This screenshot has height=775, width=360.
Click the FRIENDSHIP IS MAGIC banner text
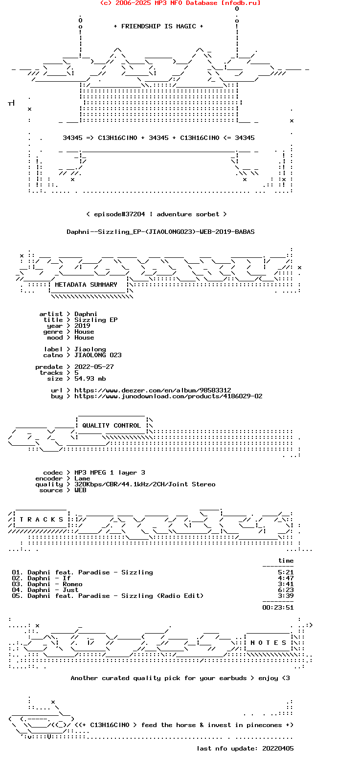click(158, 26)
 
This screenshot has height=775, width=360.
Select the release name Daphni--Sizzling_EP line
click(160, 232)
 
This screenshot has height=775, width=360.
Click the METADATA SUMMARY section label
click(86, 285)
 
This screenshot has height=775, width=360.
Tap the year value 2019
click(82, 326)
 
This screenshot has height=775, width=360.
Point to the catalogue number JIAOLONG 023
click(98, 355)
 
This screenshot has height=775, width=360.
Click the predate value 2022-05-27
click(94, 367)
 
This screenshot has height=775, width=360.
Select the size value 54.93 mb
click(90, 379)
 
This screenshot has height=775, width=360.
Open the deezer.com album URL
click(153, 390)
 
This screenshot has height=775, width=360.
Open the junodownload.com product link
click(168, 396)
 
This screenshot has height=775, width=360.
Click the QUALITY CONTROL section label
click(112, 426)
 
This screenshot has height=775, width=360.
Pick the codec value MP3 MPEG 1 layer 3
click(110, 473)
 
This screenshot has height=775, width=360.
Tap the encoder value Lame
click(82, 479)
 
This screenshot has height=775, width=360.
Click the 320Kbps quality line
click(145, 484)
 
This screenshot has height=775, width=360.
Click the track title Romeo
click(72, 584)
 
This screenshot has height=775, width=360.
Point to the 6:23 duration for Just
click(286, 590)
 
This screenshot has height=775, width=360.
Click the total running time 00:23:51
click(278, 608)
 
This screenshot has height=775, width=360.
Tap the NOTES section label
click(269, 643)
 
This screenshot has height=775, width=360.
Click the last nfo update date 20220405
click(278, 749)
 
